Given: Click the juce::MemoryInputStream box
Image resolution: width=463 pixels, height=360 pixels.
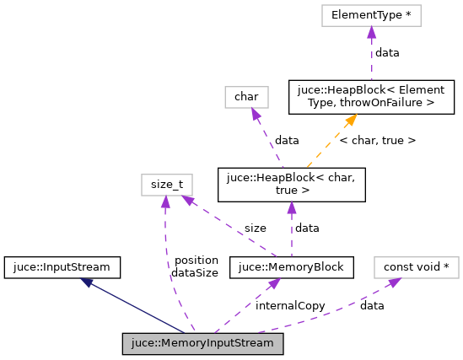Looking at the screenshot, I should point(202,344).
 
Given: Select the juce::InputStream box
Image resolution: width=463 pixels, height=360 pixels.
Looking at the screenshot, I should point(62,267).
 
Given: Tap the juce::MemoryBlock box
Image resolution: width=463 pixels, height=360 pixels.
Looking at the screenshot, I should point(291,267).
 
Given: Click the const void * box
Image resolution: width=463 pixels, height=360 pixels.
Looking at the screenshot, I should point(416,267).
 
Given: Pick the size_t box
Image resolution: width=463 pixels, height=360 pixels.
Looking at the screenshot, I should point(167,184).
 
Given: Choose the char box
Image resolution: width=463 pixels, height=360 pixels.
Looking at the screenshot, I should point(246,97).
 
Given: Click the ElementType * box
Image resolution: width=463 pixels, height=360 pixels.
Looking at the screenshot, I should point(370,15).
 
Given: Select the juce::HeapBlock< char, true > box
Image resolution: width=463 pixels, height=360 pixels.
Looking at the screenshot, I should point(291,185).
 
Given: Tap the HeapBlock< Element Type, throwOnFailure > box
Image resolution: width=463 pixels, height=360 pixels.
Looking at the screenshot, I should point(371,97).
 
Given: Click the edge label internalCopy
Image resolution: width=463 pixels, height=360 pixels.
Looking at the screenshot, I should point(290,306).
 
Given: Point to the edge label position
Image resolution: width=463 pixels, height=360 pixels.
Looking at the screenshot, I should point(195,261).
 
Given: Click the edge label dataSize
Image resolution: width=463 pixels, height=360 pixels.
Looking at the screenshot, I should point(195,272).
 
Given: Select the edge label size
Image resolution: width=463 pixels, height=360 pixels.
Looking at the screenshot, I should point(255,228).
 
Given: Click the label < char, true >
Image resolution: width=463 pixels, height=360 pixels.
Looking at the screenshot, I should point(377,140).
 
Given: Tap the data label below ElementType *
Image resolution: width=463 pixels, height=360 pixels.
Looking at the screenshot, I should point(387,52).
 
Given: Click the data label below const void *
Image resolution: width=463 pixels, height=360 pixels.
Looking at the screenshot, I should point(372,306).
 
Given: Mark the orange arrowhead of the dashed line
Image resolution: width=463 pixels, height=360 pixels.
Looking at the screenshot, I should point(347,121).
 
